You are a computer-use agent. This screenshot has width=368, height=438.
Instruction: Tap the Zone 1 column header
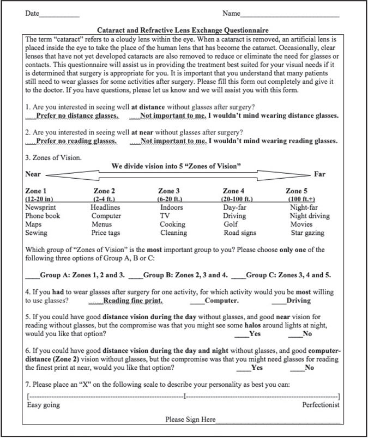tap(37, 191)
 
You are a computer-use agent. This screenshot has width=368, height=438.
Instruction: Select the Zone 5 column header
tap(297, 191)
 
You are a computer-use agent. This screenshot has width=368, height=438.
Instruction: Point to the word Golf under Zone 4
tap(232, 224)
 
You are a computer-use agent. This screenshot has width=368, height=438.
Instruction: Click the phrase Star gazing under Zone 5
tap(307, 233)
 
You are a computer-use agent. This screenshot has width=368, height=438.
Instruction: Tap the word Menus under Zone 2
tap(102, 224)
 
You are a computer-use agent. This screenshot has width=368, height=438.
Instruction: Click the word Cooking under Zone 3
tap(173, 224)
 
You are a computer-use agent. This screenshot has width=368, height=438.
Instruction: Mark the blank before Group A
tap(32, 276)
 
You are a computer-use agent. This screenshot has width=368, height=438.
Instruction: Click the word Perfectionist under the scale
tap(321, 405)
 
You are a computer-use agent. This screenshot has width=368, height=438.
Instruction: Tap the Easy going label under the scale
tap(44, 405)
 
